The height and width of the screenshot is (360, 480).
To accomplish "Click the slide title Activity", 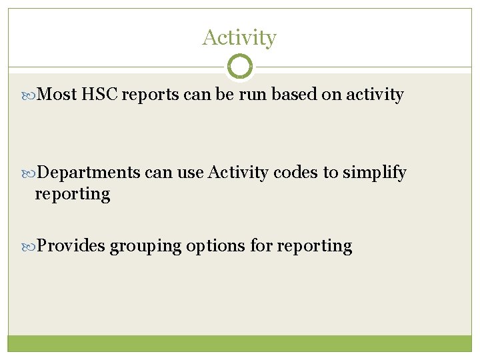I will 239,38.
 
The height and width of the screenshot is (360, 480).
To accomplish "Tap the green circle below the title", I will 240,67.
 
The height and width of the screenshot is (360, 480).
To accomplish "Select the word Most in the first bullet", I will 57,95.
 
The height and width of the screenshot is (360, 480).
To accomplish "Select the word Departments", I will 89,173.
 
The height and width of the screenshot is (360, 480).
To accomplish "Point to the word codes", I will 295,173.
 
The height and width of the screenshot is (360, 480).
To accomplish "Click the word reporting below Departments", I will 72,195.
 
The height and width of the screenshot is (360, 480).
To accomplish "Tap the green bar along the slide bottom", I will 239,343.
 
